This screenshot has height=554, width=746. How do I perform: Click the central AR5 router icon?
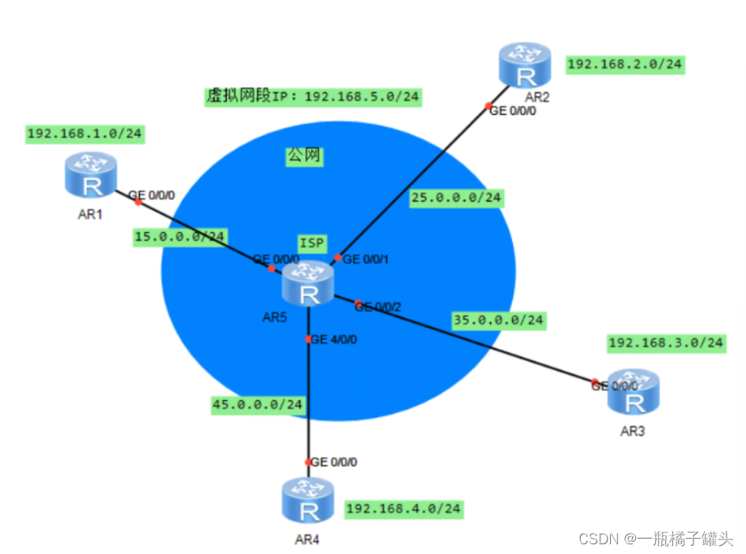coord(307,285)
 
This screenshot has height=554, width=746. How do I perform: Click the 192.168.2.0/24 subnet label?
coord(625,65)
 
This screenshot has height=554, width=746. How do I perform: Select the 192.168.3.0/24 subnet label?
coord(665,342)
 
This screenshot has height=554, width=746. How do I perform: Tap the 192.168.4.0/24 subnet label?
coord(405,509)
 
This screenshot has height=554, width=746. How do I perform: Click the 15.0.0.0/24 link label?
coord(180,236)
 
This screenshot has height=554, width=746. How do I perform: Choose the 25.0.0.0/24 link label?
coord(456,197)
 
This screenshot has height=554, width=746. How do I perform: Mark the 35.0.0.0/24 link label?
coord(498,320)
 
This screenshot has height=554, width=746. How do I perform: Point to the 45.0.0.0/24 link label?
coord(258,404)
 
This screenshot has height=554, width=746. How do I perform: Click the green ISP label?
coord(312,242)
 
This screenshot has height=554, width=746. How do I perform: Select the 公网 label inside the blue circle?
coord(304,156)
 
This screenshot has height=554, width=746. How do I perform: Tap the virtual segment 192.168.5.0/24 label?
coord(313,97)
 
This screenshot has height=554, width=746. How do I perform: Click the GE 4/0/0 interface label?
coord(334,339)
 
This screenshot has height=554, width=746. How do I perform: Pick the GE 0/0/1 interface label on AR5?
coord(367,260)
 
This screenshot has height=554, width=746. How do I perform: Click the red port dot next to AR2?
coord(488,106)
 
